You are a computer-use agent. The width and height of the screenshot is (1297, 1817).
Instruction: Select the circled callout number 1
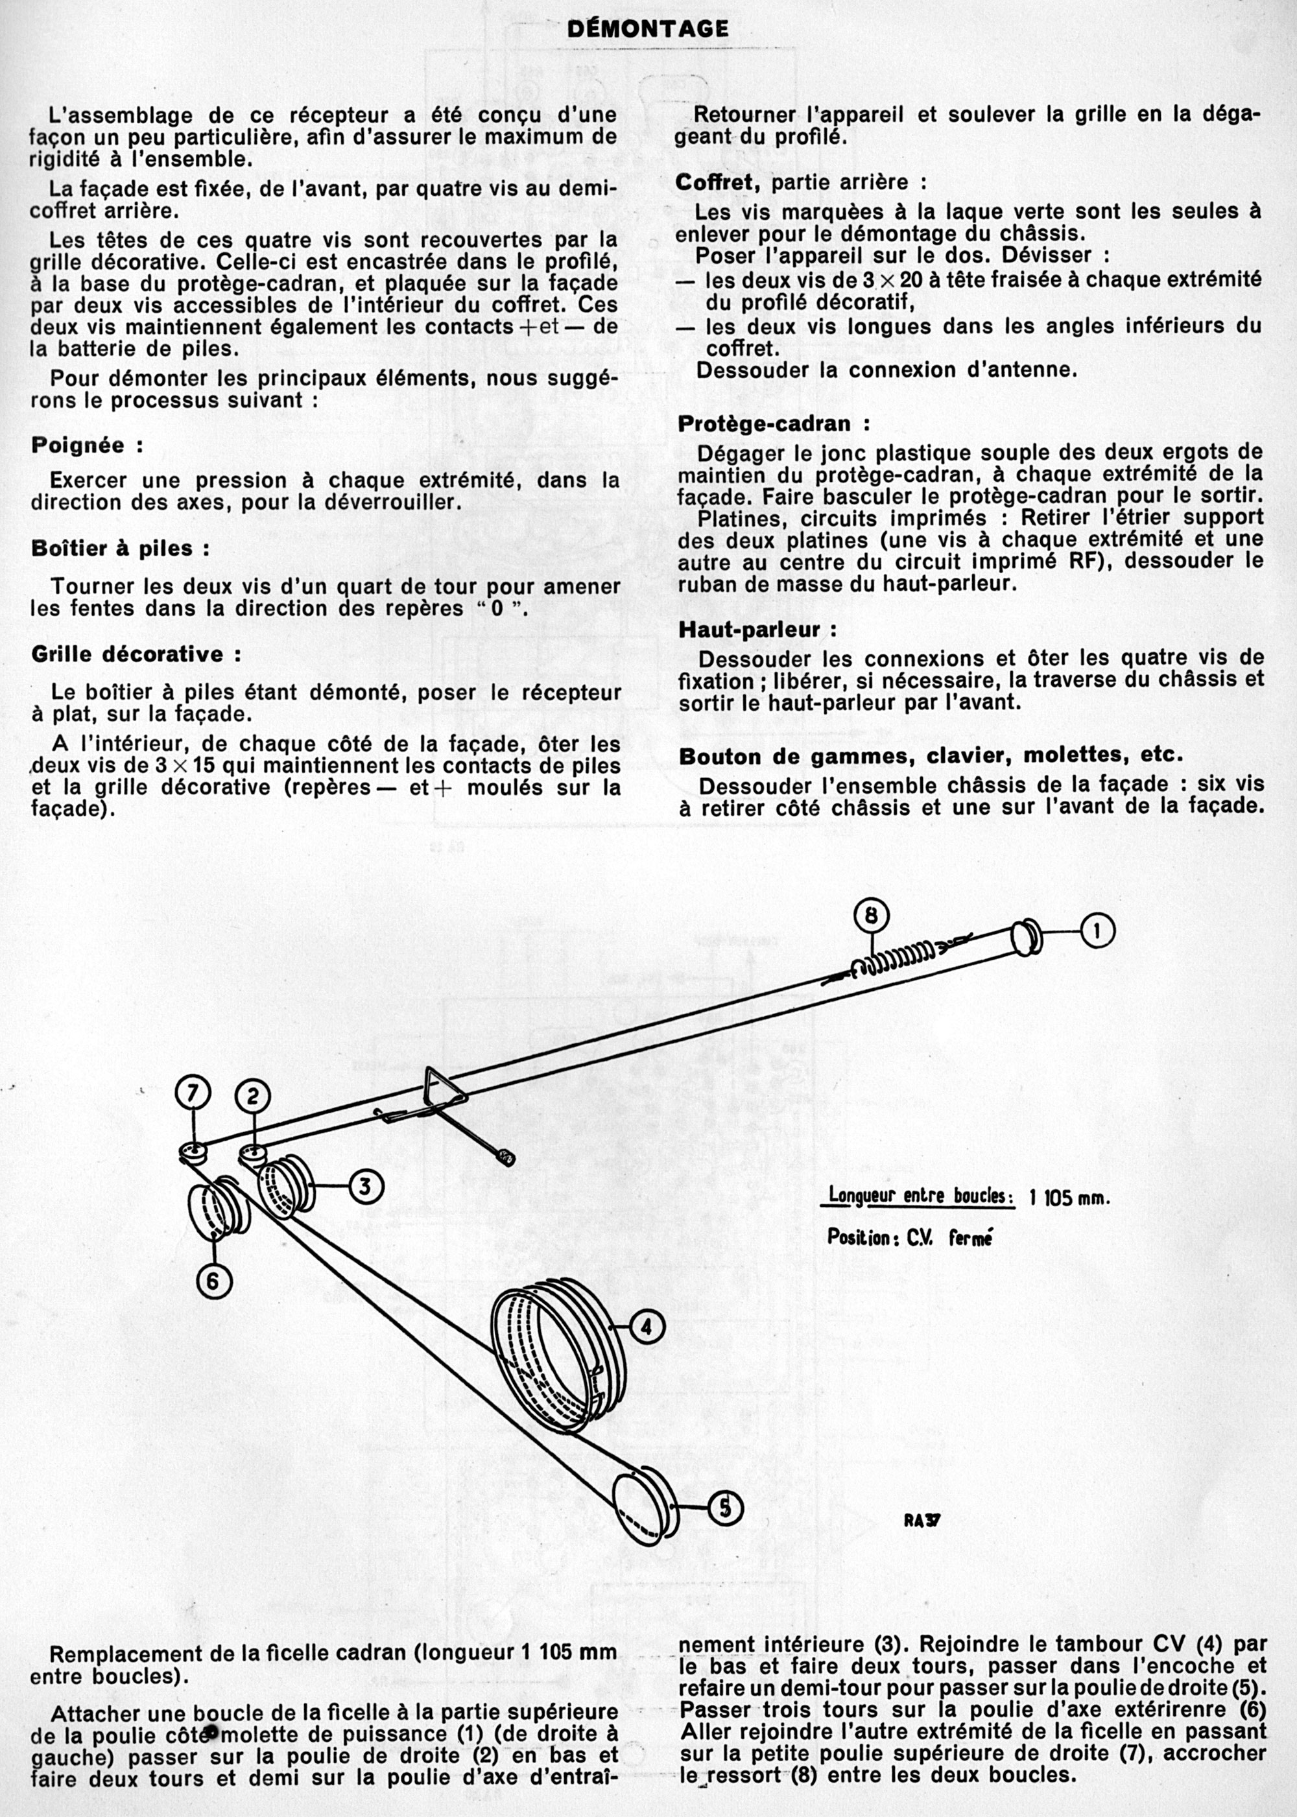click(x=1098, y=931)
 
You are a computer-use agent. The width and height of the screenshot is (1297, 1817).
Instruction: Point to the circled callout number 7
click(x=193, y=1093)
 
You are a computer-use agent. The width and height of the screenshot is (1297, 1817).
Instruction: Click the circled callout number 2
click(x=253, y=1097)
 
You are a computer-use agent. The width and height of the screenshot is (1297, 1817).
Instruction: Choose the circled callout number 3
click(x=365, y=1187)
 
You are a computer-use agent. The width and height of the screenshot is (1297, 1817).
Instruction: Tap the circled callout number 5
click(x=725, y=1508)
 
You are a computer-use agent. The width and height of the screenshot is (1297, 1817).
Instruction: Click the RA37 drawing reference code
click(x=922, y=1521)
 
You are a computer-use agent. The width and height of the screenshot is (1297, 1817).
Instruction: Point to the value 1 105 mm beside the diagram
click(x=1070, y=1198)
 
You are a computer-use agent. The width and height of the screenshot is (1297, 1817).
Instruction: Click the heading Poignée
click(x=87, y=445)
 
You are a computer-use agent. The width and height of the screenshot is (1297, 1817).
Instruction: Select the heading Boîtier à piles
click(x=121, y=549)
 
